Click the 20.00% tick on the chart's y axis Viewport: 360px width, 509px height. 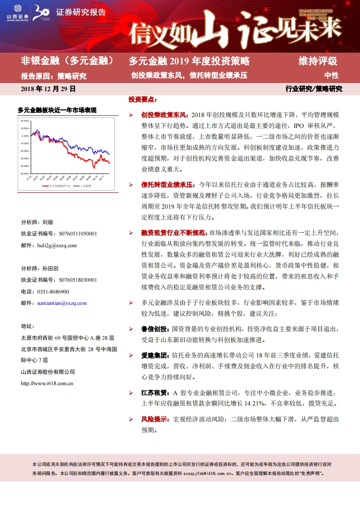pyautogui.click(x=24, y=121)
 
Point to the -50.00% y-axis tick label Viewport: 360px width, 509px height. pyautogui.click(x=24, y=173)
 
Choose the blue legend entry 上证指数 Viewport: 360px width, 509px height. pyautogui.click(x=85, y=186)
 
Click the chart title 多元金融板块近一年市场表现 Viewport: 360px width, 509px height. pyautogui.click(x=57, y=110)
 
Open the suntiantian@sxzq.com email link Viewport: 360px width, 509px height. pyautogui.click(x=62, y=303)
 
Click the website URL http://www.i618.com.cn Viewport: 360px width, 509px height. pyautogui.click(x=48, y=383)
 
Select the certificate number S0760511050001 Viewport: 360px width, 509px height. pyautogui.click(x=78, y=234)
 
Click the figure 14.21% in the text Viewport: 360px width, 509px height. pyautogui.click(x=257, y=403)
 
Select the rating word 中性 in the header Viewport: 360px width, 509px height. pyautogui.click(x=331, y=76)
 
